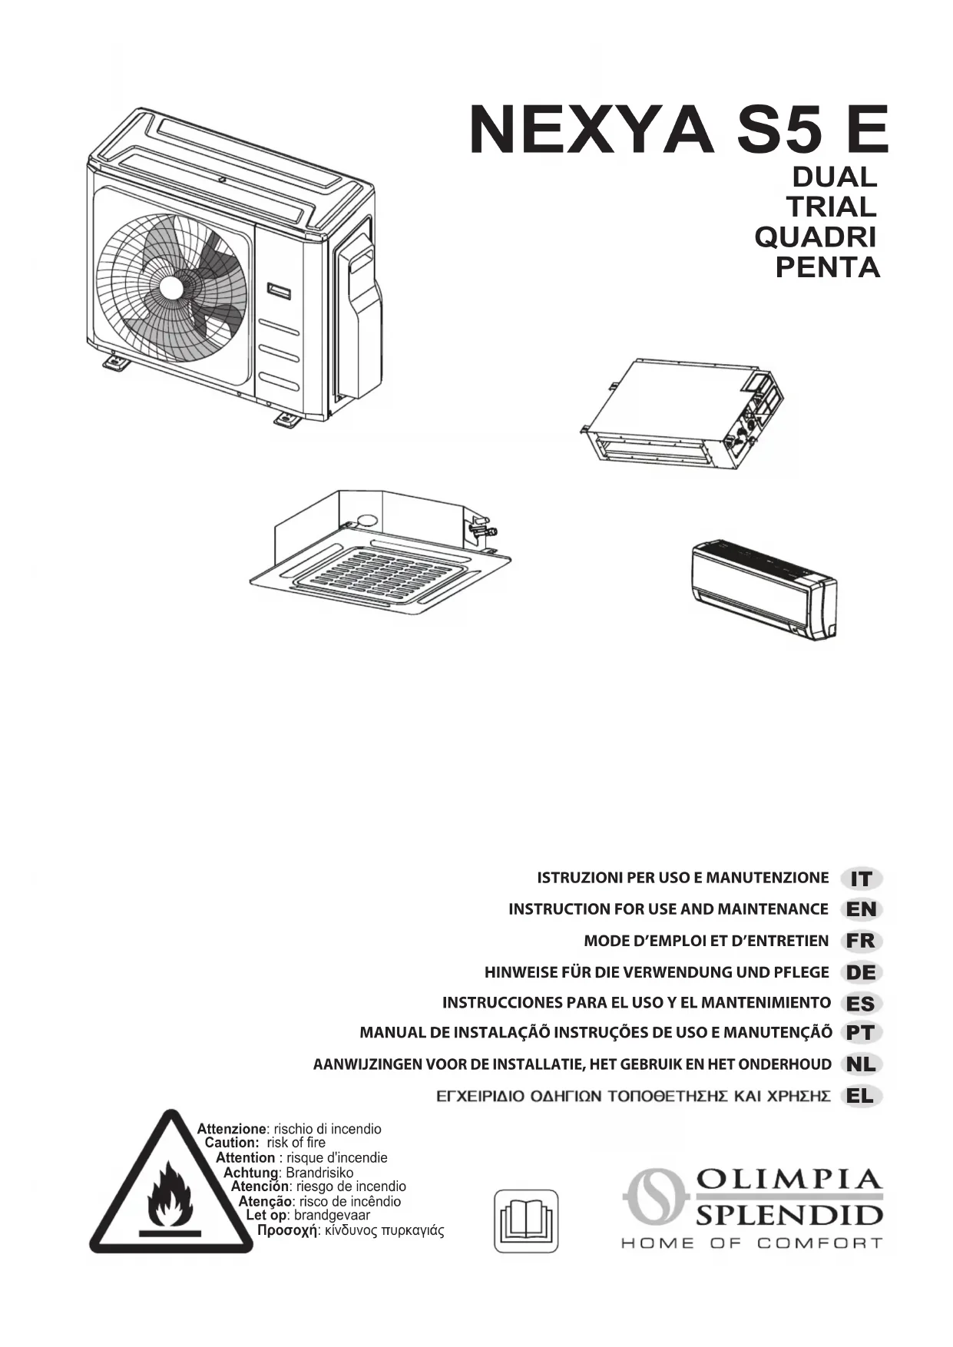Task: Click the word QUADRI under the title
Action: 816,237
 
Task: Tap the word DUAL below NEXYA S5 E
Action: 834,177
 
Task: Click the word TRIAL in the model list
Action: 831,207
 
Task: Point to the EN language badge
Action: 862,910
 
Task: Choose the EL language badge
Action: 862,1097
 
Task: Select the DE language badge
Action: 862,973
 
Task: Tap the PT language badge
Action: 862,1034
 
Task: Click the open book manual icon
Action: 526,1221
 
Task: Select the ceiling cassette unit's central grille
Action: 380,572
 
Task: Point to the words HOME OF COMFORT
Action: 751,1243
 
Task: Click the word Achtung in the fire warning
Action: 250,1173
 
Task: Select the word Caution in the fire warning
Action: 231,1143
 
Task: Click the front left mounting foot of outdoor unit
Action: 116,361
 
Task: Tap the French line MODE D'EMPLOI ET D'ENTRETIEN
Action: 706,942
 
